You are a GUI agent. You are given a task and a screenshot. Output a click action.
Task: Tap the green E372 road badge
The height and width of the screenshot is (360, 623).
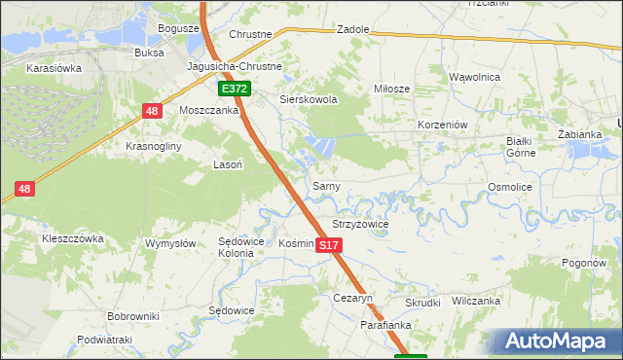coord(235,89)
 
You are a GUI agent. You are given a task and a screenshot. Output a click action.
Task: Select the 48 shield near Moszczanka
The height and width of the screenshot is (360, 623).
coord(151,112)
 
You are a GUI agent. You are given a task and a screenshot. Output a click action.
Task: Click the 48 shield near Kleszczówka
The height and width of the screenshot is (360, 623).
coord(24,189)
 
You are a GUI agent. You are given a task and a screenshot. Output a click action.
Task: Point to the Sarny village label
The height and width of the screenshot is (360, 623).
coord(324,185)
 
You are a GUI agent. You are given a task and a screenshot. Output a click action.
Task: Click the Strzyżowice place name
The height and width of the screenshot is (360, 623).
coord(360,224)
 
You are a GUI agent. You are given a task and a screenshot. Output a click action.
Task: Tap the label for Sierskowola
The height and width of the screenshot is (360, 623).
coord(308,99)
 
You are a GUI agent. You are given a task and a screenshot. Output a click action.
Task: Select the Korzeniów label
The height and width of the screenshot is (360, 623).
coord(443,126)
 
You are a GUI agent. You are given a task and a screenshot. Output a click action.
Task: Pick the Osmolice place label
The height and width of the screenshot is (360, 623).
coord(509,186)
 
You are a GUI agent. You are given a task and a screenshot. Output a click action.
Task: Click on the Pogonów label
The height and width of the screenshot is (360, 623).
coord(584,264)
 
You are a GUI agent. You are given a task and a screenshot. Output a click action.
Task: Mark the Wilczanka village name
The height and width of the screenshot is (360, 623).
coord(476,302)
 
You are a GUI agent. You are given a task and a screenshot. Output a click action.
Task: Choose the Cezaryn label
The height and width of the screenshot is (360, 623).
coord(353,298)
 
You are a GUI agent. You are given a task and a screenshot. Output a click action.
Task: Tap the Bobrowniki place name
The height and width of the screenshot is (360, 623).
coord(133,317)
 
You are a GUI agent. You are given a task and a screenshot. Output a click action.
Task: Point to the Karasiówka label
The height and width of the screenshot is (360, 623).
coord(54,69)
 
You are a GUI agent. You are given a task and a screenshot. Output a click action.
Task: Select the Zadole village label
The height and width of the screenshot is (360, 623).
coord(353,29)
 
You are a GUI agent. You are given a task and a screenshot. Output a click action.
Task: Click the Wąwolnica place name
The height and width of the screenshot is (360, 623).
coord(474,76)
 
